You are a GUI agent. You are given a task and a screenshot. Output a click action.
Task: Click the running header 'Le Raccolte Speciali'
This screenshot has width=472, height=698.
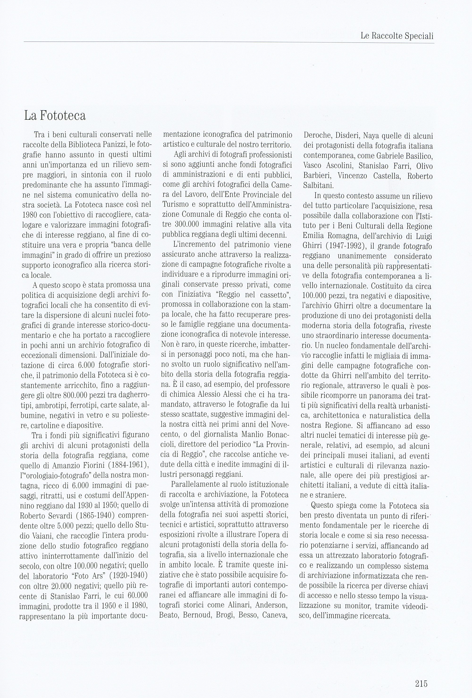coord(397,36)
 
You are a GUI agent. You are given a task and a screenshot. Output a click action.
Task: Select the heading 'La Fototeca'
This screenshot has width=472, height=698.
coord(55,116)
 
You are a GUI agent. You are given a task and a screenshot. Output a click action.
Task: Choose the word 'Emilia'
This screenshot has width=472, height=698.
coord(313,236)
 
